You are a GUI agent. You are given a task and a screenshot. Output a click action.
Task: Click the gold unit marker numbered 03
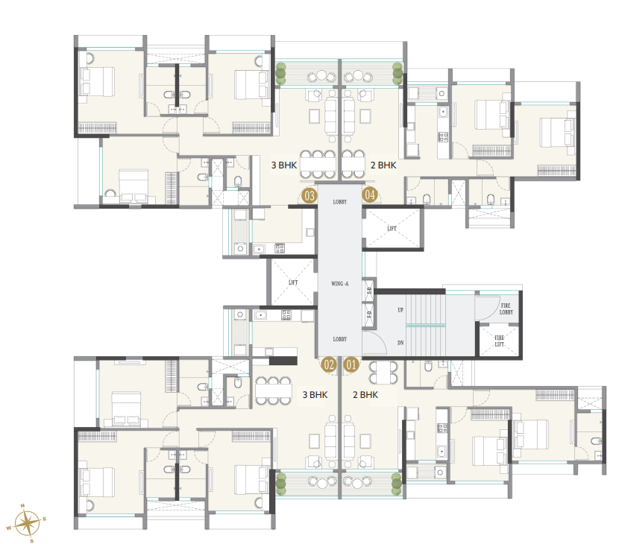[308, 196]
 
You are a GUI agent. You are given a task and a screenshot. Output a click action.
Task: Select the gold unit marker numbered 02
[329, 364]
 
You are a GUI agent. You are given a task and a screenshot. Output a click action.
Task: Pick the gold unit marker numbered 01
[351, 364]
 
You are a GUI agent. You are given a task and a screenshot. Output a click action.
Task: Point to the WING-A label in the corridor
[340, 284]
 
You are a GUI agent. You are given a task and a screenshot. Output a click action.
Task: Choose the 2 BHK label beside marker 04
[383, 165]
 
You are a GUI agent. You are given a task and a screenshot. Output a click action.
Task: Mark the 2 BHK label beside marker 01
[365, 394]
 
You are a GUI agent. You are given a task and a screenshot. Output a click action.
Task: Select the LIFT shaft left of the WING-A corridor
[292, 282]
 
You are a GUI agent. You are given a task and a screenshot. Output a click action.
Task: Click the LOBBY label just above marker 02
[340, 339]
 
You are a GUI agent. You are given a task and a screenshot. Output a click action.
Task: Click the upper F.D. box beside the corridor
[368, 290]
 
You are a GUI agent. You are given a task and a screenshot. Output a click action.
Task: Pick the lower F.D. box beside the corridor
[368, 314]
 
